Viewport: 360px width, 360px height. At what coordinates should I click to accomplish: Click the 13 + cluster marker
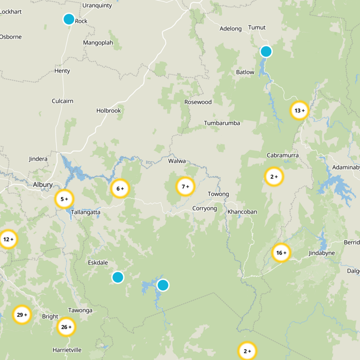(x=299, y=110)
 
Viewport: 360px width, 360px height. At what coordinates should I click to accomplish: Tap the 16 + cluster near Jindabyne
(x=281, y=253)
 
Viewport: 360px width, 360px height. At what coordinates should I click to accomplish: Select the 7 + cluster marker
(x=185, y=186)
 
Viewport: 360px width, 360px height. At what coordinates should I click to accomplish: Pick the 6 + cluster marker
(x=120, y=189)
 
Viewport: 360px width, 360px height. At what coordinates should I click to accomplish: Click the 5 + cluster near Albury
(x=64, y=198)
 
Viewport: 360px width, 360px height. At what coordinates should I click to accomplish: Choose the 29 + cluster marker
(x=22, y=315)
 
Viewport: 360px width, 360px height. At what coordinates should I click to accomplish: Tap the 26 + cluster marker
(x=66, y=327)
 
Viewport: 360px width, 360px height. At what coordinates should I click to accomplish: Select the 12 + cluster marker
(x=8, y=239)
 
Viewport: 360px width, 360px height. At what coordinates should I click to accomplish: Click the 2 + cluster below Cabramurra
(x=274, y=177)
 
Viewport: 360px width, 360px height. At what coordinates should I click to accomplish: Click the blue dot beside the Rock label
(x=68, y=19)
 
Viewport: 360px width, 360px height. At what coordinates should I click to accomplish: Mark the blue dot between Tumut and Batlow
(x=266, y=51)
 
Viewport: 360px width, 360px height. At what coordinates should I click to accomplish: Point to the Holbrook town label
(x=109, y=110)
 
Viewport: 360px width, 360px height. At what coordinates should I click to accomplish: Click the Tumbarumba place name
(x=222, y=123)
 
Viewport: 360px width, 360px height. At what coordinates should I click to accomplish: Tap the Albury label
(x=43, y=184)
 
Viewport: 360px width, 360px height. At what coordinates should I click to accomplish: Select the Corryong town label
(x=204, y=208)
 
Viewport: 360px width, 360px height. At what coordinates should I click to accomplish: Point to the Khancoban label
(x=242, y=211)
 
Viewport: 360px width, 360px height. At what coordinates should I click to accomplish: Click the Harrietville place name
(x=67, y=350)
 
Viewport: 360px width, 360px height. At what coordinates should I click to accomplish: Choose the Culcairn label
(x=63, y=101)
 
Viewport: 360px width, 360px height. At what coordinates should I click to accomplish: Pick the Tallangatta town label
(x=85, y=212)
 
